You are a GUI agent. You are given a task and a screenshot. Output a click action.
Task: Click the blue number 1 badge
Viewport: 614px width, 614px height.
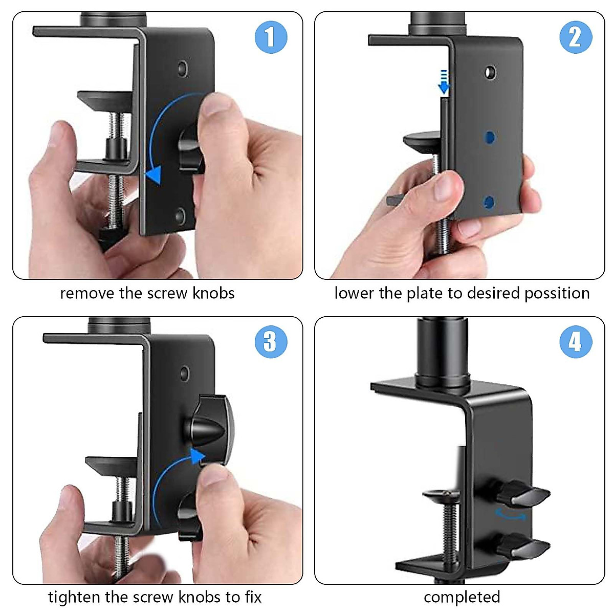click(x=271, y=37)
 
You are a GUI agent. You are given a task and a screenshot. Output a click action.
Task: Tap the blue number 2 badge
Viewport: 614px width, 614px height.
click(x=575, y=37)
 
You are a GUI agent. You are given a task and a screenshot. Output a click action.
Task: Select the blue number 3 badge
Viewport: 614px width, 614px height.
click(x=271, y=341)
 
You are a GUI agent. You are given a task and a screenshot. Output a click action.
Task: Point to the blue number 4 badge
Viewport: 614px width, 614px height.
click(x=575, y=341)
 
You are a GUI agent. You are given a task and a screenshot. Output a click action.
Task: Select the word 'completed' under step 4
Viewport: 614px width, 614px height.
click(x=462, y=597)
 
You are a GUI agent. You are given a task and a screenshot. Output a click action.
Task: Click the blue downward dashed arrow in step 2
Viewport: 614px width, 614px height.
click(x=444, y=82)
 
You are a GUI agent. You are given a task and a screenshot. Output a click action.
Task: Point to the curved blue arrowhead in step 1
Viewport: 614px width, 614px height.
click(x=154, y=174)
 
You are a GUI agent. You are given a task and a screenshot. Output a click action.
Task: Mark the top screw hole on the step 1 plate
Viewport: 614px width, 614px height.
click(x=182, y=68)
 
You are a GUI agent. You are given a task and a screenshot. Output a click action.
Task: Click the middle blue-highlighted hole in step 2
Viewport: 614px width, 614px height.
click(x=490, y=137)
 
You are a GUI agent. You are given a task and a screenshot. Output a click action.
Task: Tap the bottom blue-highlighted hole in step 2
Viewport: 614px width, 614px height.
click(x=489, y=202)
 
